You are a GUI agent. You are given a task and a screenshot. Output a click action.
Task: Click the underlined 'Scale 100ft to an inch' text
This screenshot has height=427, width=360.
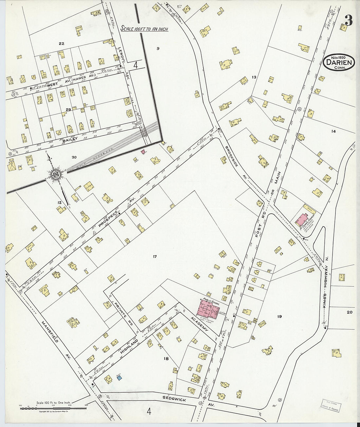tap(144, 29)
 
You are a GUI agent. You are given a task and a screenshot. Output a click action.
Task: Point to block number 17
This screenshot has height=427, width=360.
tap(154, 257)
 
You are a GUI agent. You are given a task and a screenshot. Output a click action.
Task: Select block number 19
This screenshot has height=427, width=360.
tap(279, 316)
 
